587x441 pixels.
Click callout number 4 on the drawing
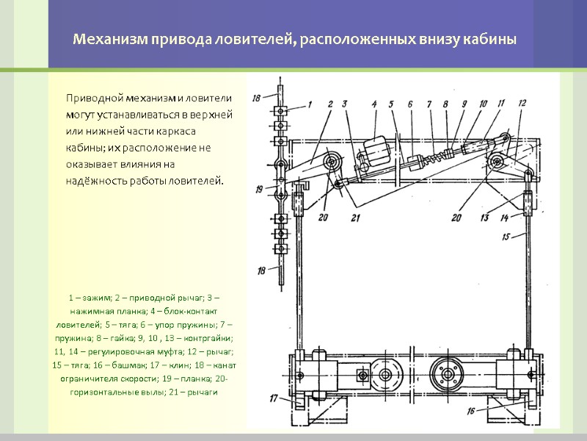(374, 104)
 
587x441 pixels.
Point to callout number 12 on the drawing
(522, 104)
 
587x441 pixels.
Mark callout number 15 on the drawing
(506, 236)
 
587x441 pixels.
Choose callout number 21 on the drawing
(356, 218)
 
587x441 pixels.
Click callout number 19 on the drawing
(260, 189)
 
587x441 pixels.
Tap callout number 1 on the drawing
(309, 104)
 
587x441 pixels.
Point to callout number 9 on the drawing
(464, 104)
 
